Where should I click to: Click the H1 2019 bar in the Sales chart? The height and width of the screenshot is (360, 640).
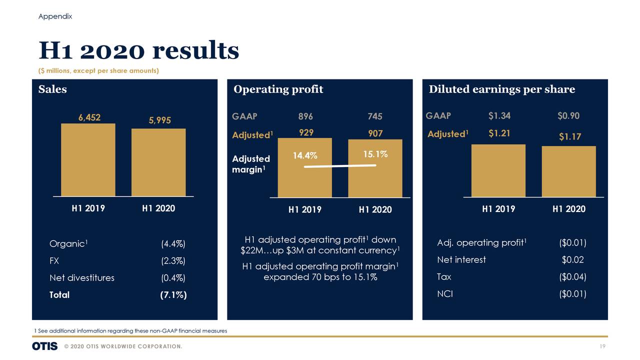88,159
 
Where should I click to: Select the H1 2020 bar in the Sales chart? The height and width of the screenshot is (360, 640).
158,162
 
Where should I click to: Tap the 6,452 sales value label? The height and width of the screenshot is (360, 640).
89,117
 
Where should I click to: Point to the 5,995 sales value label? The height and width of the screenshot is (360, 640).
159,120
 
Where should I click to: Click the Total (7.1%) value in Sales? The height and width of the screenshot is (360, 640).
173,295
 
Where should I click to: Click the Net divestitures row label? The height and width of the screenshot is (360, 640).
81,278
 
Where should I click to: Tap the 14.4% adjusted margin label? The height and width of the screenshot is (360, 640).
305,155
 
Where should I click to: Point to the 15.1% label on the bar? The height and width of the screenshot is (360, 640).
375,154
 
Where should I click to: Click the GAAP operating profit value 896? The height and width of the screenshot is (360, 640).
305,116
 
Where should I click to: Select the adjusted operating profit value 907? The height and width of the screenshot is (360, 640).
375,133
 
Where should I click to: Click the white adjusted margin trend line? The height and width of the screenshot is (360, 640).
340,166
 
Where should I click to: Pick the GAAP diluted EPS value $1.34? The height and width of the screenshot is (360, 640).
499,116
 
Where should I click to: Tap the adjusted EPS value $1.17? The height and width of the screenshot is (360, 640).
569,136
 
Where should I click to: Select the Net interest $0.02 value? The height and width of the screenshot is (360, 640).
572,260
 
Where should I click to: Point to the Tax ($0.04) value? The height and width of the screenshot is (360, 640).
572,277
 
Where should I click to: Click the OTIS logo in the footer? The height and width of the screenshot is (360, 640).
45,346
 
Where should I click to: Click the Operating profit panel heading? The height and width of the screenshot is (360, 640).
278,89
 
